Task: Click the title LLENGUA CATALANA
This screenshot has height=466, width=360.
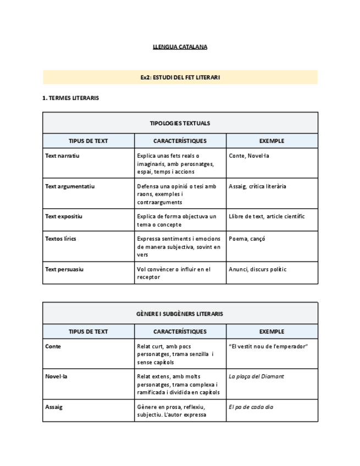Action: (180, 47)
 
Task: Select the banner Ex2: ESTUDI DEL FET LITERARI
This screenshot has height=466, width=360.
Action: (180, 77)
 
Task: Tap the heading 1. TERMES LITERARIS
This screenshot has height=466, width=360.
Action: (70, 98)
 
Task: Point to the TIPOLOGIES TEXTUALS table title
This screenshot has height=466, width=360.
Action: (180, 123)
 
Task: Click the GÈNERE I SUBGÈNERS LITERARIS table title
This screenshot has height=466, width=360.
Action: (180, 314)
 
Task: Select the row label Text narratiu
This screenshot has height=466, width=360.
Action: (62, 156)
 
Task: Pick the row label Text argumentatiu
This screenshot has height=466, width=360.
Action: (70, 186)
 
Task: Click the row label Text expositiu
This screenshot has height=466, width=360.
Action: (64, 217)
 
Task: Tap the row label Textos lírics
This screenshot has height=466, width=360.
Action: (60, 239)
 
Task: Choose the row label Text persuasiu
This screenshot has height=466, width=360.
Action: (64, 269)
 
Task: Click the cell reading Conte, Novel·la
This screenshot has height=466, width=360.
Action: (249, 156)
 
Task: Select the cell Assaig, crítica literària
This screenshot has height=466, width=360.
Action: (257, 186)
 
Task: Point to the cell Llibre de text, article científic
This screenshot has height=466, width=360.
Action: (267, 217)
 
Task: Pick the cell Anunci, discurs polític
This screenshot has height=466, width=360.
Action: (257, 269)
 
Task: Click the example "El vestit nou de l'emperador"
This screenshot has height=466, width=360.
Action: (268, 346)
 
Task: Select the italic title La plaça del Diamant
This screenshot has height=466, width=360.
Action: (256, 376)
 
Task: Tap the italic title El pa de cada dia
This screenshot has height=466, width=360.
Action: (251, 407)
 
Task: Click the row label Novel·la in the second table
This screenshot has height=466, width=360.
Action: (56, 376)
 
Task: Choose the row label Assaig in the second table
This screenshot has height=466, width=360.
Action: (54, 407)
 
